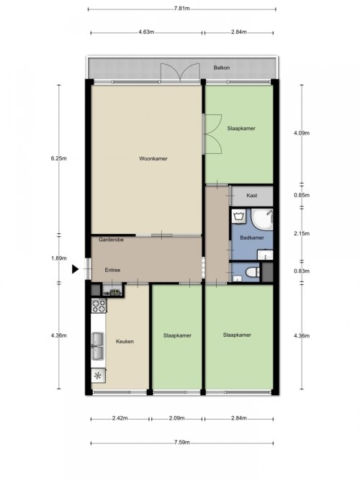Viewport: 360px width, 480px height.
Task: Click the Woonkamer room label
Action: [x=153, y=158]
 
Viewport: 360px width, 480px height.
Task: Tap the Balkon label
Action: [x=222, y=68]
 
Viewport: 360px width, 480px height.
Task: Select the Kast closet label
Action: [x=252, y=195]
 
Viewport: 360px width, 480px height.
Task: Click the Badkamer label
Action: [x=252, y=237]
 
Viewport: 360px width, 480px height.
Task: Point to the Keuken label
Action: [x=125, y=341]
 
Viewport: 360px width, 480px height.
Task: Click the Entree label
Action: [x=112, y=270]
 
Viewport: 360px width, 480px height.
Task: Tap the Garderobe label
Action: [x=111, y=240]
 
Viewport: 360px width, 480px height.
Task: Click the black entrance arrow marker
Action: [x=75, y=269]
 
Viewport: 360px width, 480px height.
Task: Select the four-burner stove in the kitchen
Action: [x=99, y=306]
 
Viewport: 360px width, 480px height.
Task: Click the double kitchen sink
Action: [x=99, y=346]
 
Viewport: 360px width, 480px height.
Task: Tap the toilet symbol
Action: [x=253, y=272]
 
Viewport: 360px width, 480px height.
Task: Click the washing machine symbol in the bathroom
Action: [x=238, y=216]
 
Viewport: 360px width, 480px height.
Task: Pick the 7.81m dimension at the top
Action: [x=181, y=9]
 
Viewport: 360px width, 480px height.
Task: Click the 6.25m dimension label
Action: [x=59, y=158]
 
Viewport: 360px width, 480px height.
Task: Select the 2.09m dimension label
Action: [x=177, y=418]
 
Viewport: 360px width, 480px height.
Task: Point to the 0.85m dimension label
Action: [x=302, y=195]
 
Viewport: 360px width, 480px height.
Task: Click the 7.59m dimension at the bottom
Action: [x=181, y=443]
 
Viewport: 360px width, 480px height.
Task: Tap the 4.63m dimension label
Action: [x=146, y=32]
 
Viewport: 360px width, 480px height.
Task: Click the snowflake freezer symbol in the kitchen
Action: [x=98, y=376]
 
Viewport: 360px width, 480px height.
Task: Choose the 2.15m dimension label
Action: [x=302, y=234]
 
